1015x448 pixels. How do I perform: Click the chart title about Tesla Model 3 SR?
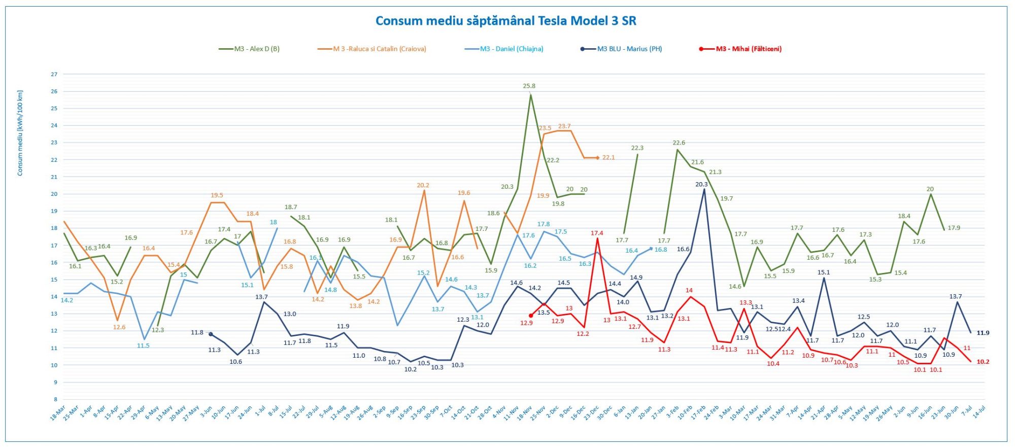(505, 21)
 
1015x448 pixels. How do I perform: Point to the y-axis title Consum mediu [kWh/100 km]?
(20, 133)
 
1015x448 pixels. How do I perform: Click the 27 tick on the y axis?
(54, 75)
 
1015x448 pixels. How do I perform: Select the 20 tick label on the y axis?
(54, 194)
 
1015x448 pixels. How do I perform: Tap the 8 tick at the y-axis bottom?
(55, 399)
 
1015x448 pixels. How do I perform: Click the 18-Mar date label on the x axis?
(58, 413)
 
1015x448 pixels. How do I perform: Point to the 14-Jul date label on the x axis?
(979, 411)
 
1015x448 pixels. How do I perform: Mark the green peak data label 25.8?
(529, 86)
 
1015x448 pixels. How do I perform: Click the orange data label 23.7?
(564, 126)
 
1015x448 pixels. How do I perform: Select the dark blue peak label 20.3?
(701, 185)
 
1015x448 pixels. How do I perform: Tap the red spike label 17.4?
(597, 233)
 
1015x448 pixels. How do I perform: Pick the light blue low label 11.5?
(143, 346)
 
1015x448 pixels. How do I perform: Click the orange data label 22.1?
(608, 158)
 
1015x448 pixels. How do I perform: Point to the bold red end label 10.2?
(983, 362)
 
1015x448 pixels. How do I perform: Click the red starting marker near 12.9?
(531, 316)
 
